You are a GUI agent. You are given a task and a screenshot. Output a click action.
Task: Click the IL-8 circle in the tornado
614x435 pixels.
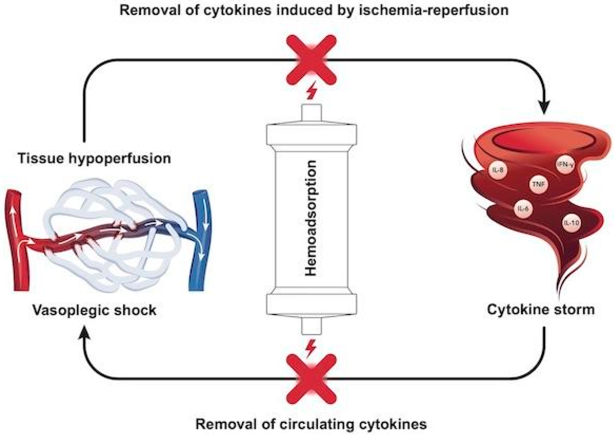(498, 170)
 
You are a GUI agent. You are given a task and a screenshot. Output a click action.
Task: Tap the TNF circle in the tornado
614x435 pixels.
(539, 184)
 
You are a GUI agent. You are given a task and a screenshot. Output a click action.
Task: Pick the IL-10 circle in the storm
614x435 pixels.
(571, 222)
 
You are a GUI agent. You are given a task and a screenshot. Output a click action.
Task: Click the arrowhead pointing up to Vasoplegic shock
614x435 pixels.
(84, 333)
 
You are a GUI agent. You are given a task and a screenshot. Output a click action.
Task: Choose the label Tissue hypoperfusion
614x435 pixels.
(94, 158)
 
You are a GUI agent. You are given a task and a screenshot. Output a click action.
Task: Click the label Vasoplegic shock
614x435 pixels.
(94, 310)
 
